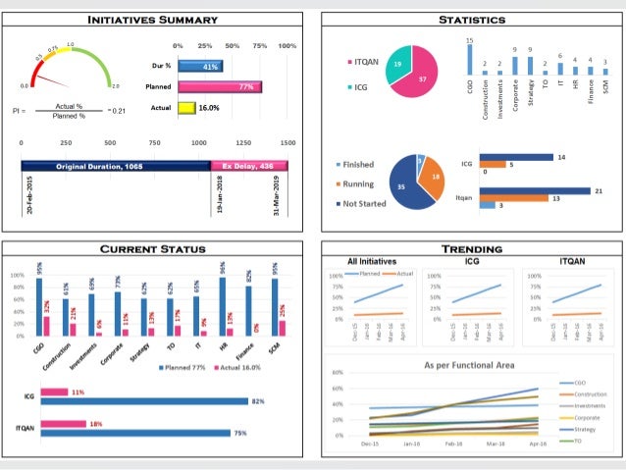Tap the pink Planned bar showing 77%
(x=220, y=86)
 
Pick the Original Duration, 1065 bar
(x=116, y=166)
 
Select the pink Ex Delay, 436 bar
(x=249, y=166)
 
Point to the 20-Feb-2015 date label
(x=31, y=196)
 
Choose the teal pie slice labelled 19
(x=396, y=66)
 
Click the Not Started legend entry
(x=361, y=203)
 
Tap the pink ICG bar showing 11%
(x=54, y=392)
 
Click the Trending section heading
(x=472, y=249)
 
